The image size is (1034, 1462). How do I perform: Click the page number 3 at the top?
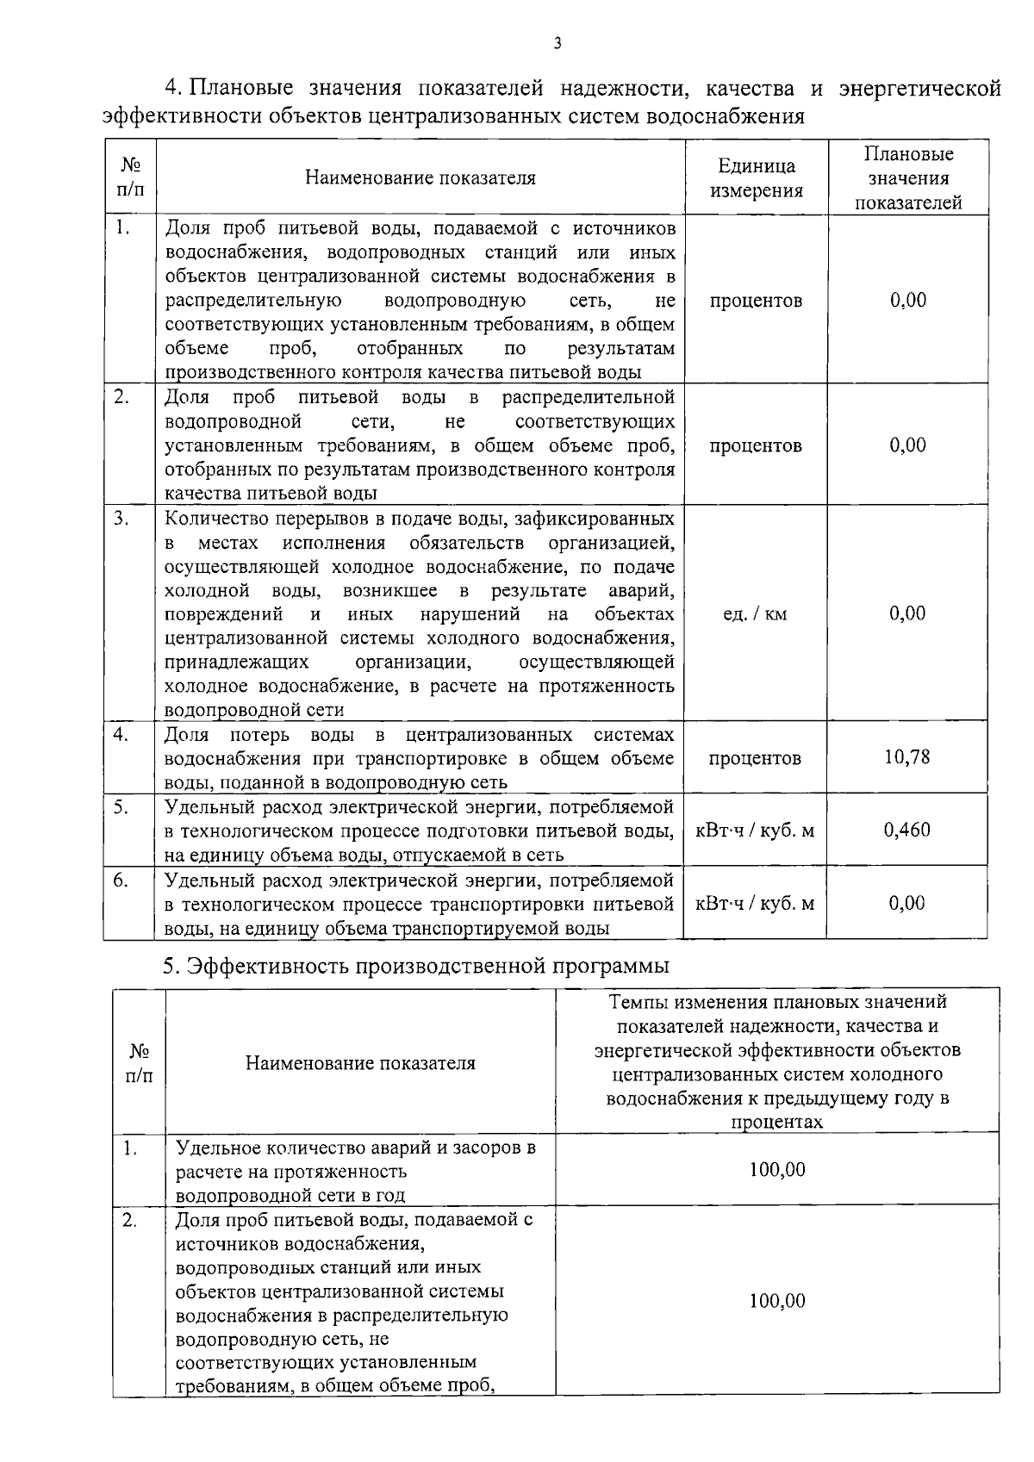557,43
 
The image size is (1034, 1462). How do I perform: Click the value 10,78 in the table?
907,757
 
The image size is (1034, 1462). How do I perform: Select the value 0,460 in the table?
907,830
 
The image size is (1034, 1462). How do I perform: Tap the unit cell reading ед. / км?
755,614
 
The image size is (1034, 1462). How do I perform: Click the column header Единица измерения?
756,178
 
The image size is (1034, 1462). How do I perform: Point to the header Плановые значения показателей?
908,178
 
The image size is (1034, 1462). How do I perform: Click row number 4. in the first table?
121,734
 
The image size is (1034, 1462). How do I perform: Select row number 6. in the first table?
121,880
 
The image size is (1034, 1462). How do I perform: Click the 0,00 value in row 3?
907,613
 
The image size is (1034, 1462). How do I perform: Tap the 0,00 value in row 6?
907,903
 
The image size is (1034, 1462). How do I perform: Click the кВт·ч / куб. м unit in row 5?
755,831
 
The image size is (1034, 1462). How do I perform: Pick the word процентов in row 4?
755,758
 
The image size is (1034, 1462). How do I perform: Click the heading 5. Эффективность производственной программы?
416,966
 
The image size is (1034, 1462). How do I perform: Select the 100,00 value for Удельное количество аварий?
777,1169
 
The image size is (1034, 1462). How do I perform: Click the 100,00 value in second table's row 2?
777,1301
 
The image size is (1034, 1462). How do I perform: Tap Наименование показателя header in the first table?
420,178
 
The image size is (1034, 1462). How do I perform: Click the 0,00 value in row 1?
907,300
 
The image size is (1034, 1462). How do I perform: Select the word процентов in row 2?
755,445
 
